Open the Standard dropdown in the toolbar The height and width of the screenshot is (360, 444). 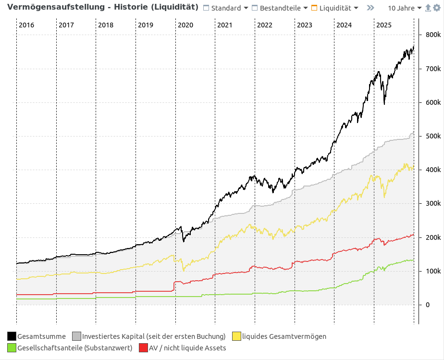(x=226, y=8)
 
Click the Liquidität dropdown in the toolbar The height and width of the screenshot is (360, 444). (x=334, y=8)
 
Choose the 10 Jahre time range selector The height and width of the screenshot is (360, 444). (x=405, y=8)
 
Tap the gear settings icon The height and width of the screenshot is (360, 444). (x=436, y=8)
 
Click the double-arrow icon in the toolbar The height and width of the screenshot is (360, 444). (x=370, y=8)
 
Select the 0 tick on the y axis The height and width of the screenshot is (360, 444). (x=428, y=305)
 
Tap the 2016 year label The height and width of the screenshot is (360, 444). (x=26, y=25)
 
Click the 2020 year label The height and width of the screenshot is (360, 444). (x=185, y=25)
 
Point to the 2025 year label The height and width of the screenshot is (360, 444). (x=384, y=25)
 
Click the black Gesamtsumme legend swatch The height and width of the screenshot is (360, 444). (x=12, y=336)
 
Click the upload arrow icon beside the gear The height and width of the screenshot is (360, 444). (x=428, y=8)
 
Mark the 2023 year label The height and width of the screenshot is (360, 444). (x=305, y=25)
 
